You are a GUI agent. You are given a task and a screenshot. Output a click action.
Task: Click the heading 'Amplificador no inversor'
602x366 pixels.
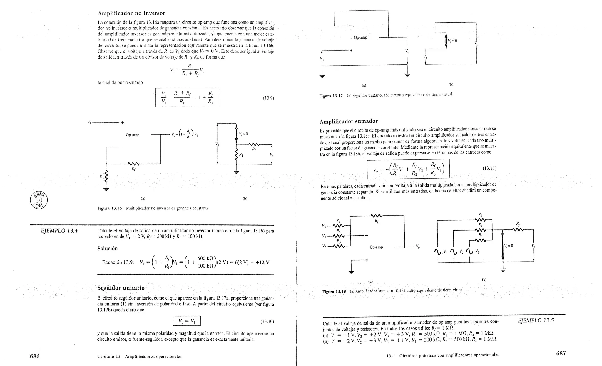tap(131, 13)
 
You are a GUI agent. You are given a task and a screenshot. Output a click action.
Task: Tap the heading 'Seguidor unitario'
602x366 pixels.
tap(121, 287)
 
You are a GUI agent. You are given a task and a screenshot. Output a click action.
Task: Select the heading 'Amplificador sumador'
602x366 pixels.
tap(348, 121)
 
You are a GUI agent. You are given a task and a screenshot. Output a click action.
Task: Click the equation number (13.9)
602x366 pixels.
tap(268, 98)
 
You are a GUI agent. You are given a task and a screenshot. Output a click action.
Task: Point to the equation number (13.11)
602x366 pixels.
tap(489, 168)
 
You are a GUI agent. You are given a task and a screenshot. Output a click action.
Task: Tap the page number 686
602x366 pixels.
tap(35, 356)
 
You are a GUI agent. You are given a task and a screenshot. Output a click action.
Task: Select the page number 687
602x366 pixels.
tap(561, 353)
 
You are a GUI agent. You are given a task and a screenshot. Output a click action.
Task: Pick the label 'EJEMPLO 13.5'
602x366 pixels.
tap(536, 320)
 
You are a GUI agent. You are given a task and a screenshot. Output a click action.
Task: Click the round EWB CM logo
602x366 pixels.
tap(39, 200)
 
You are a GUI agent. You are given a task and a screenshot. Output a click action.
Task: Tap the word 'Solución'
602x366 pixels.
tap(107, 249)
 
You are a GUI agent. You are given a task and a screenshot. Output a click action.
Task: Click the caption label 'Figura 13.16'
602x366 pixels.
tap(109, 208)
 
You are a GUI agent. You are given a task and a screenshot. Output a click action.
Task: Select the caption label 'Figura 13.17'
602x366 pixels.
tap(331, 96)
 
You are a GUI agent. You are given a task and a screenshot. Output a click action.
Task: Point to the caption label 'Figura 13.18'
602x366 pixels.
tap(334, 292)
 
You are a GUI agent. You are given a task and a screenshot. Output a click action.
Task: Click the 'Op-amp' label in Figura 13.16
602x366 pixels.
tap(133, 135)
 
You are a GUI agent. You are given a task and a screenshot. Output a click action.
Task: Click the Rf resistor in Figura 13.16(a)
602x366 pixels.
tap(133, 164)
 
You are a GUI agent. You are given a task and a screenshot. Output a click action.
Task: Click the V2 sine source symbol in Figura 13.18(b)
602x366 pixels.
tap(454, 252)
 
